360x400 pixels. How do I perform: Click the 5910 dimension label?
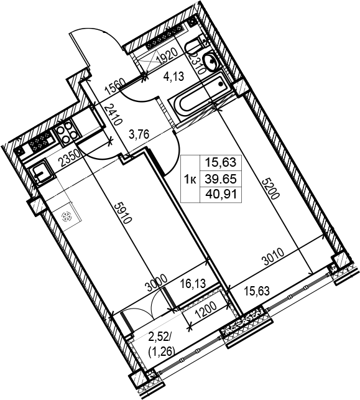coord(123,213)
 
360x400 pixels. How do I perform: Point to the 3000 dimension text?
coord(157,283)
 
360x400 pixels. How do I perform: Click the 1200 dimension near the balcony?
coord(205,310)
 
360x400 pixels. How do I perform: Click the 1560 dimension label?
coord(115,86)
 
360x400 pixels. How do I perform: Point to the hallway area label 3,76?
coord(139,134)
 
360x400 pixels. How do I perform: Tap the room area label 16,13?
coord(193,283)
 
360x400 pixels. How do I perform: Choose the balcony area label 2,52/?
coord(159,338)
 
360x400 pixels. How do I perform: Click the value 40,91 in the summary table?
coord(221,195)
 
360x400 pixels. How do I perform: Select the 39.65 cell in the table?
coord(221,179)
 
